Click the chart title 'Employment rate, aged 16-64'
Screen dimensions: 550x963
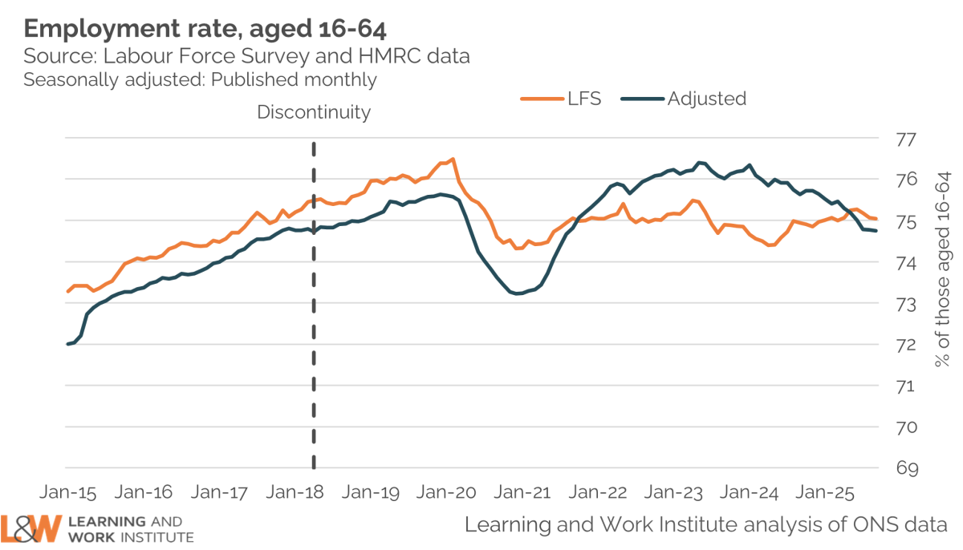pyautogui.click(x=205, y=30)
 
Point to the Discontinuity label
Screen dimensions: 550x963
pyautogui.click(x=314, y=112)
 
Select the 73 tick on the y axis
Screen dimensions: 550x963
pyautogui.click(x=905, y=304)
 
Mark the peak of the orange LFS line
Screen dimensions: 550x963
pyautogui.click(x=453, y=159)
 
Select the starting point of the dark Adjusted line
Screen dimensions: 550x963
pyautogui.click(x=67, y=344)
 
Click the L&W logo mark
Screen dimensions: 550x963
pyautogui.click(x=31, y=528)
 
